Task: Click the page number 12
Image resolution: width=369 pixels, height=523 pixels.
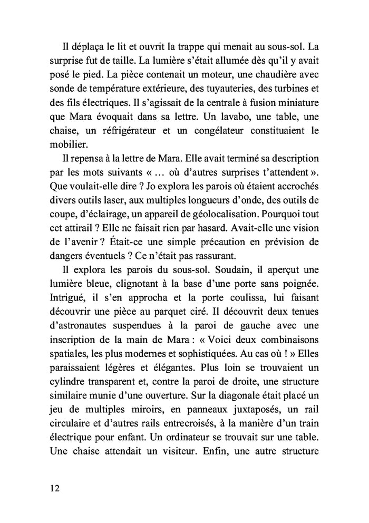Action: (51, 488)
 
